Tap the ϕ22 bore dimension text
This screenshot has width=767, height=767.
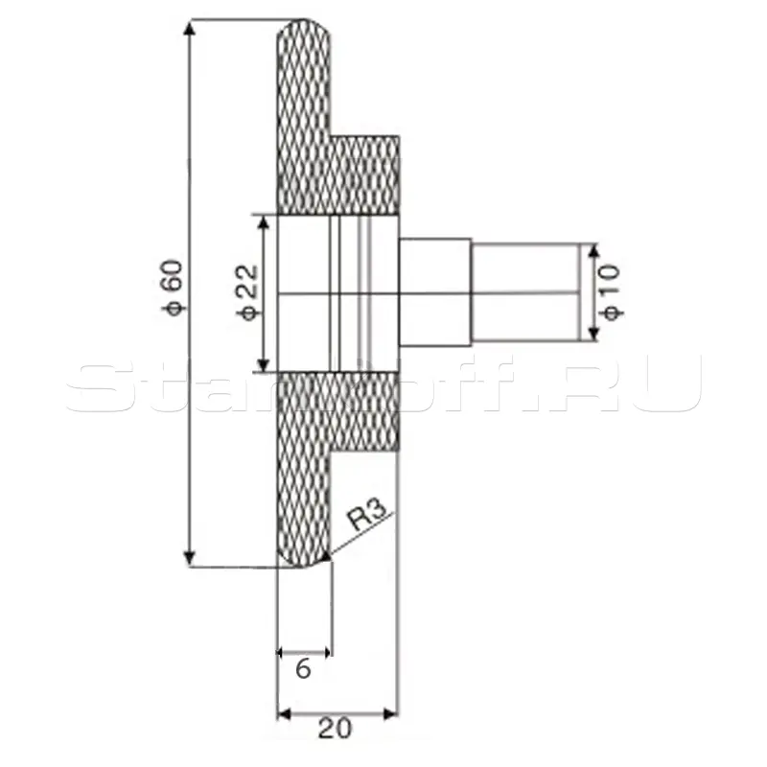coord(248,291)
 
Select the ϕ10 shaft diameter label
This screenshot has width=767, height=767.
coord(612,292)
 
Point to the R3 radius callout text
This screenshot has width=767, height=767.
coord(367,514)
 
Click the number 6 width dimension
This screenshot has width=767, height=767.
coord(303,668)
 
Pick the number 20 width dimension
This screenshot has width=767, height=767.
coord(335,729)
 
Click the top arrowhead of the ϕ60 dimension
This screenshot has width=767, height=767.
coord(189,28)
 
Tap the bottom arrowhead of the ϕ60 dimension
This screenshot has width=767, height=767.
coord(189,559)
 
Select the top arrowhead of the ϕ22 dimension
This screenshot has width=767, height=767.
coord(264,223)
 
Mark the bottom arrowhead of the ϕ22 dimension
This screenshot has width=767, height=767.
coord(264,364)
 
